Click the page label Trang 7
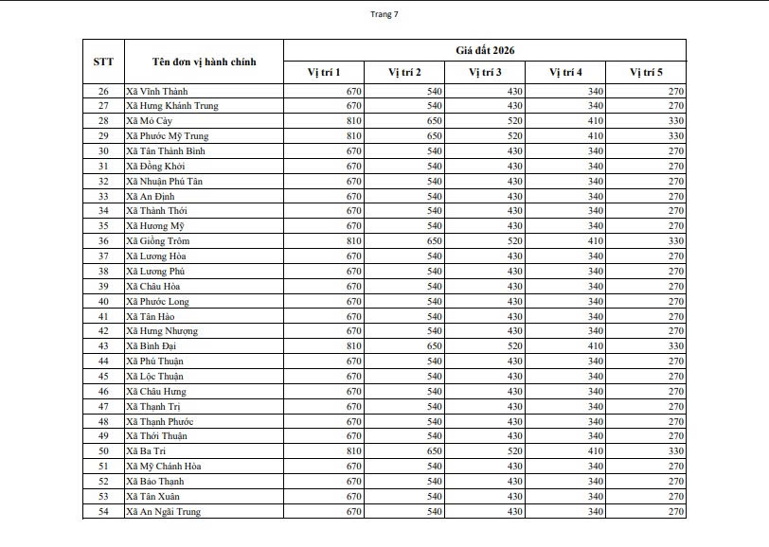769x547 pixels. point(384,14)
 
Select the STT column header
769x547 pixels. point(103,62)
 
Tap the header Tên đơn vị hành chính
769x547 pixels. point(203,62)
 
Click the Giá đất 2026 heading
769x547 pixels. point(484,50)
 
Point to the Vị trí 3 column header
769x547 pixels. point(485,73)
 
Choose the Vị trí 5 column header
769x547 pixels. point(646,73)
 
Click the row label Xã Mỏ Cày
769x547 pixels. point(150,121)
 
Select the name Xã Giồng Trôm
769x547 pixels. point(157,241)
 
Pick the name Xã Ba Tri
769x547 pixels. point(145,451)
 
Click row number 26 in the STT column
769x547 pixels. point(103,91)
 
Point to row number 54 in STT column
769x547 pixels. point(103,512)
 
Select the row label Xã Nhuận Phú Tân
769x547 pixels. point(164,181)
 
